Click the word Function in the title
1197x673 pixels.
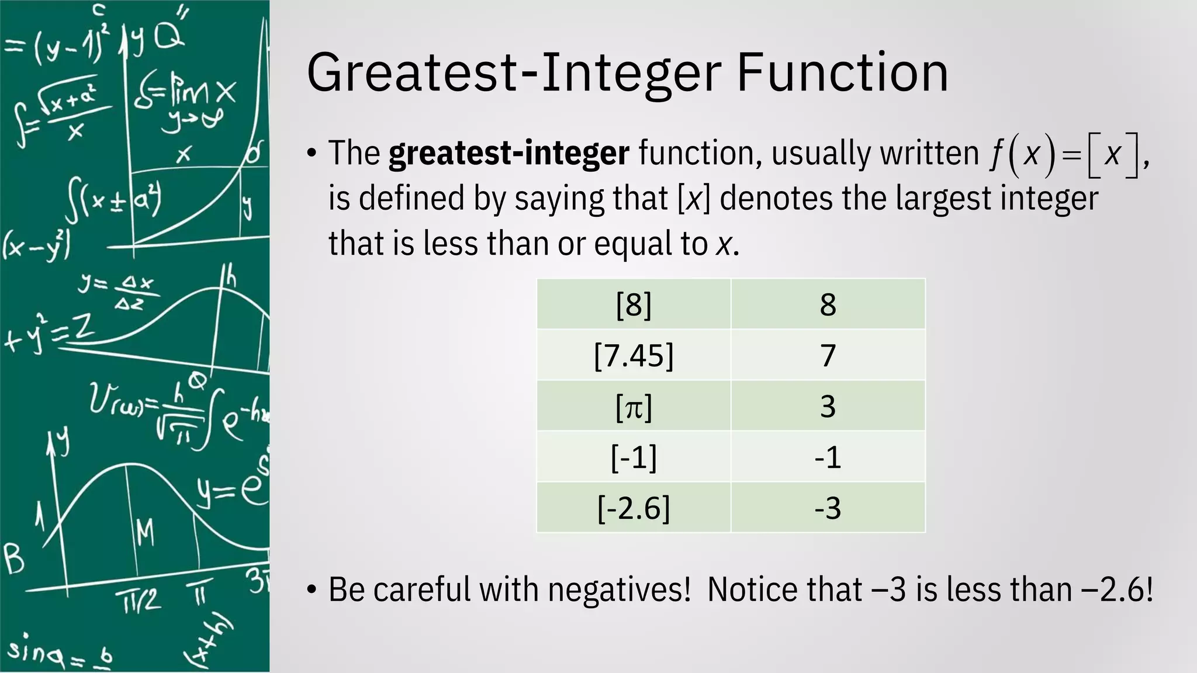[842, 73]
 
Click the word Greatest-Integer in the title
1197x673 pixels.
[514, 73]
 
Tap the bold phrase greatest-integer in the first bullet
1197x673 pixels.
[508, 154]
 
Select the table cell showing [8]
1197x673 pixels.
[634, 304]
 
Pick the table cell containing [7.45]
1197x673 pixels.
[634, 355]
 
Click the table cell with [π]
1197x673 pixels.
[634, 406]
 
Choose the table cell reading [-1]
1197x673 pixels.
[634, 457]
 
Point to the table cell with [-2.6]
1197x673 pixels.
[634, 508]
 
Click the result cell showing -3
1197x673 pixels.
[828, 508]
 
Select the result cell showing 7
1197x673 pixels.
[828, 355]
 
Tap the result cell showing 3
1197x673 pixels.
[828, 406]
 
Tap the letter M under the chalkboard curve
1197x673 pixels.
[145, 533]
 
